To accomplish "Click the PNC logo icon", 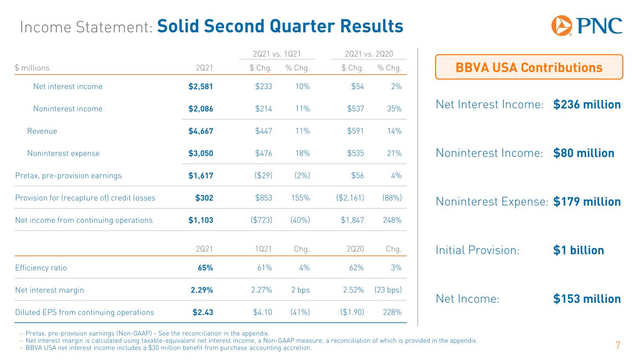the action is pyautogui.click(x=561, y=26).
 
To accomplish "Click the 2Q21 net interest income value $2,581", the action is pyautogui.click(x=201, y=87).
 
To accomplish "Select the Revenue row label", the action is pyautogui.click(x=42, y=131).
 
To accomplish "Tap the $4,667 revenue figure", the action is pyautogui.click(x=201, y=131).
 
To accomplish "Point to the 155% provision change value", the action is pyautogui.click(x=300, y=198).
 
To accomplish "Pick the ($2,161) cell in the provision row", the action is pyautogui.click(x=350, y=198).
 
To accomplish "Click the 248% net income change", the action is pyautogui.click(x=392, y=220).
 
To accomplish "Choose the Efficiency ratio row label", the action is pyautogui.click(x=41, y=268).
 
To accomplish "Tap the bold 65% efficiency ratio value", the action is pyautogui.click(x=205, y=268).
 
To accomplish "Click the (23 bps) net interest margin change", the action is pyautogui.click(x=388, y=290).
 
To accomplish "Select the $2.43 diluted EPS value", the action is pyautogui.click(x=203, y=312).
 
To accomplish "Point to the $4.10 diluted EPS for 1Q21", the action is pyautogui.click(x=263, y=312).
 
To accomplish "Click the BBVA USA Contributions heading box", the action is pyautogui.click(x=529, y=67).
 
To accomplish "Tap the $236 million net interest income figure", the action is pyautogui.click(x=587, y=105).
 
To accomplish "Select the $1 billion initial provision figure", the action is pyautogui.click(x=579, y=250).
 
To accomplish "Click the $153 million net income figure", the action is pyautogui.click(x=587, y=299).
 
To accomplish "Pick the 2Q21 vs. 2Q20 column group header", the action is pyautogui.click(x=369, y=54).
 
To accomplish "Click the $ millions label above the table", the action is pyautogui.click(x=32, y=67).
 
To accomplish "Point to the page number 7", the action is pyautogui.click(x=617, y=345).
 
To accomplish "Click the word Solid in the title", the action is pyautogui.click(x=178, y=26).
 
